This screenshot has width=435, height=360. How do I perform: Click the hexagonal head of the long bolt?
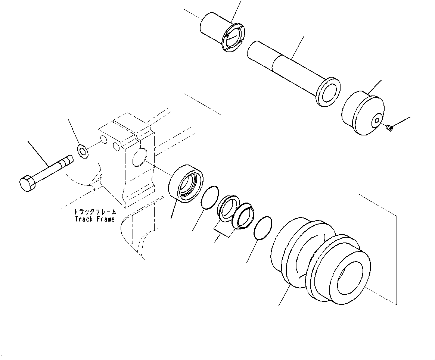(x=27, y=183)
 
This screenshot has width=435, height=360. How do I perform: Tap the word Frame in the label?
(x=105, y=219)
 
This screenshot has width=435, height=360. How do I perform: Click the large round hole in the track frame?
(x=139, y=156)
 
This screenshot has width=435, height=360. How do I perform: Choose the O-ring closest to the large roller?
(x=263, y=228)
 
